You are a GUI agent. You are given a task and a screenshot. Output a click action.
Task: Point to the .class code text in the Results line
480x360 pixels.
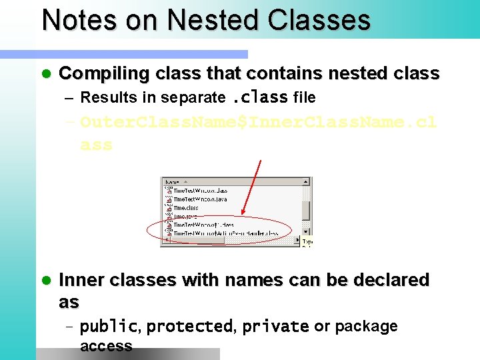(x=259, y=97)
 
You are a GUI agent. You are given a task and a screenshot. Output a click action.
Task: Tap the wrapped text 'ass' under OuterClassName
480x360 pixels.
(x=96, y=145)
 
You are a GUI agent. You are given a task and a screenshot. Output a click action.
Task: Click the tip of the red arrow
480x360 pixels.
(x=242, y=215)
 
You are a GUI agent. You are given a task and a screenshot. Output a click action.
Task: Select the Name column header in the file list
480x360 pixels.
(x=171, y=181)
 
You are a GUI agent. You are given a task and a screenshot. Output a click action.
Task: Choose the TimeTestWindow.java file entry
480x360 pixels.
(x=200, y=199)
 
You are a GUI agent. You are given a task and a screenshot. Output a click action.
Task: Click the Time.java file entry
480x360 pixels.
(x=185, y=217)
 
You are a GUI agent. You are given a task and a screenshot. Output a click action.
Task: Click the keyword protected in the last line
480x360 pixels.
(x=189, y=327)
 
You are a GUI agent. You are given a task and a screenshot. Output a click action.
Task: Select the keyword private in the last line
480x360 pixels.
(x=275, y=327)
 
